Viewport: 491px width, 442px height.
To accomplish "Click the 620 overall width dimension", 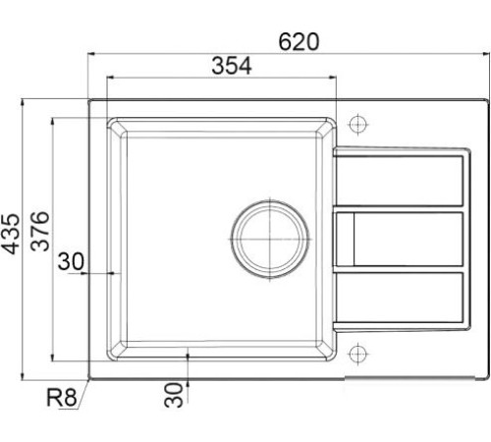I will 300,41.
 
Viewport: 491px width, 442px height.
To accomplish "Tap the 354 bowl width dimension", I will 232,66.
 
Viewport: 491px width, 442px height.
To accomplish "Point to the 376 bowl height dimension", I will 40,233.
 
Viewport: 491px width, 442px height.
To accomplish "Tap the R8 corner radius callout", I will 61,399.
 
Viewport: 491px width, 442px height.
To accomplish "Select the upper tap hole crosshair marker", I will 359,126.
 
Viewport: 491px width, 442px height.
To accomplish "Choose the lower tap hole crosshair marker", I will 359,352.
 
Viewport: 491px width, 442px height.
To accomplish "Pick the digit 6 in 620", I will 286,41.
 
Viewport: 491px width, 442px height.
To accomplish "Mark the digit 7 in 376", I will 40,233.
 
